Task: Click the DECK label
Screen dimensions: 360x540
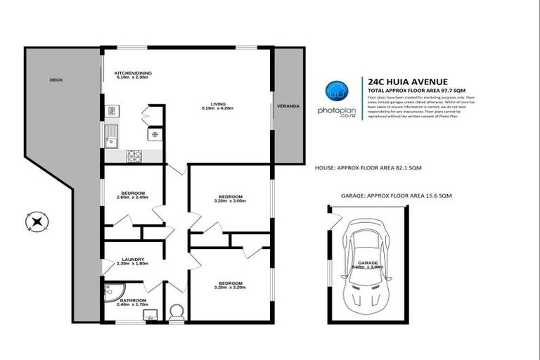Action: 56,80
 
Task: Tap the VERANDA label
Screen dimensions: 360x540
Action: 288,106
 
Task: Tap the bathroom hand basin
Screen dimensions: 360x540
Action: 149,315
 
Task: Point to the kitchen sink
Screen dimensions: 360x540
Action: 112,134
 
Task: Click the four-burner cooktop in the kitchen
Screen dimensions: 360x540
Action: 134,155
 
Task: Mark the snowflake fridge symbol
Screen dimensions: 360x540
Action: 152,134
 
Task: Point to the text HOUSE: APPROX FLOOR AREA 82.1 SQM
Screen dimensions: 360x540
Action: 369,168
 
